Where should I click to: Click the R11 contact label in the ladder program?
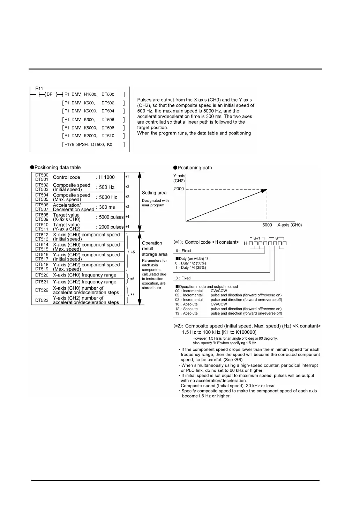(x=39, y=89)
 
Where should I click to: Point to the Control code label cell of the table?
(x=67, y=177)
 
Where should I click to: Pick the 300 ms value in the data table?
(x=107, y=207)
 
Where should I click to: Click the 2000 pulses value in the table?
(x=111, y=227)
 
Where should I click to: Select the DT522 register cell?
(x=42, y=290)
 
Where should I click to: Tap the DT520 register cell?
(x=42, y=275)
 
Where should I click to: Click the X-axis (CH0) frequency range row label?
(x=84, y=275)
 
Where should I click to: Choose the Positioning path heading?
(x=195, y=168)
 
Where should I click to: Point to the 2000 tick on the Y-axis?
(x=179, y=189)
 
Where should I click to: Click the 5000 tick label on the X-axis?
(x=267, y=225)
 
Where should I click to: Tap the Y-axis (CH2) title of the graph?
(x=179, y=178)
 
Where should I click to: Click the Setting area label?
(x=154, y=193)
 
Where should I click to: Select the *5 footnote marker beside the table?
(x=133, y=252)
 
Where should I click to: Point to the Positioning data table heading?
(x=57, y=168)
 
